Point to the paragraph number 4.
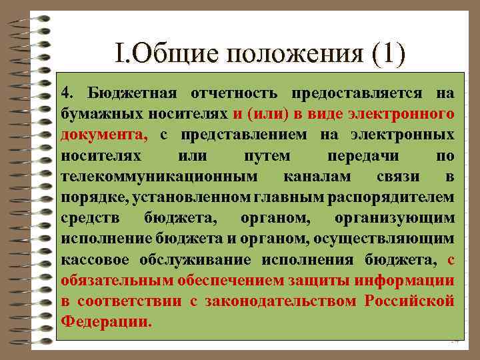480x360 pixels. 66,93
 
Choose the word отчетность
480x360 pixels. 223,93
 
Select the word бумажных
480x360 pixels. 91,113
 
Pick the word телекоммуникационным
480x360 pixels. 158,176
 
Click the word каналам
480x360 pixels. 313,176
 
